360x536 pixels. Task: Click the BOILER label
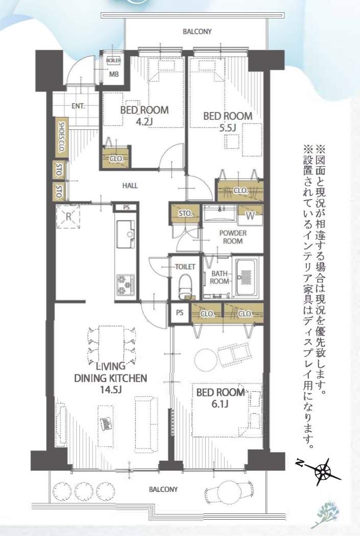(x=114, y=60)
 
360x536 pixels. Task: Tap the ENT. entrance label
(x=78, y=106)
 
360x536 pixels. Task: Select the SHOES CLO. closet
(x=62, y=137)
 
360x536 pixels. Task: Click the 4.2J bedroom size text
(x=144, y=121)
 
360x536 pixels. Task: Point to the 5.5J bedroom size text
(x=228, y=128)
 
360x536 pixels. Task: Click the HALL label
(x=130, y=186)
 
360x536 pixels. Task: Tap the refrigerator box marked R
(x=68, y=216)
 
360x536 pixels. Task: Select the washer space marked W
(x=250, y=215)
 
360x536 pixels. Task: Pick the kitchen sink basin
(x=125, y=234)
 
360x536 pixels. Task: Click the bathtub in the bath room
(x=246, y=277)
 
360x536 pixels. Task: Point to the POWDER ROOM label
(x=233, y=237)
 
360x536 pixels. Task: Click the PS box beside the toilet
(x=179, y=313)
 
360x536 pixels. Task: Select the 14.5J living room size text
(x=111, y=389)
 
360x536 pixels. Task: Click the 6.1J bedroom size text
(x=220, y=404)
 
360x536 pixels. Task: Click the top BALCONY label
(x=197, y=31)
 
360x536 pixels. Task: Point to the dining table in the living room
(x=111, y=344)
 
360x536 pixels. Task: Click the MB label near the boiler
(x=114, y=74)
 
